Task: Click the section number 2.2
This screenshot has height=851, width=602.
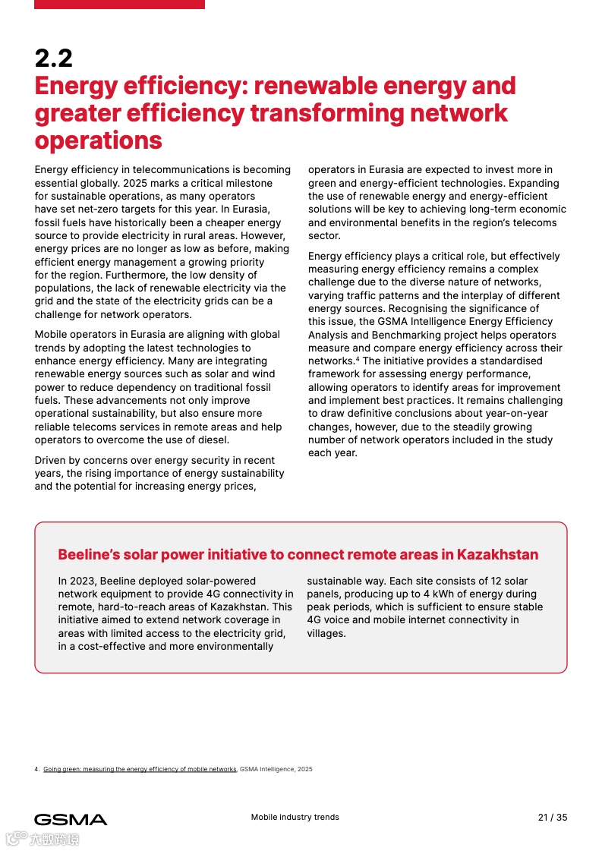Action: pos(53,58)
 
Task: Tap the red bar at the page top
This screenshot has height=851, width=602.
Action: pos(119,5)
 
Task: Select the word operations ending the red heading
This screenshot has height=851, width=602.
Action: pos(98,140)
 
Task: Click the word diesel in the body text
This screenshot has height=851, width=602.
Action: pos(210,440)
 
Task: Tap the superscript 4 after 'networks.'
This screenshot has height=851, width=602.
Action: pos(358,358)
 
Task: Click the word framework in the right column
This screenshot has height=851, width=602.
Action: pos(335,374)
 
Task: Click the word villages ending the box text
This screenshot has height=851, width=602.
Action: pos(326,633)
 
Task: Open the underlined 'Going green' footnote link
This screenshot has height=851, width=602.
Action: pos(140,769)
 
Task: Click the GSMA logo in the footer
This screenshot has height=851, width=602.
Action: pos(71,819)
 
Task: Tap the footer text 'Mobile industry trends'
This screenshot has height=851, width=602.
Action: pos(295,818)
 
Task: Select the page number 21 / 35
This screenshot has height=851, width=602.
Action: pos(552,818)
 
